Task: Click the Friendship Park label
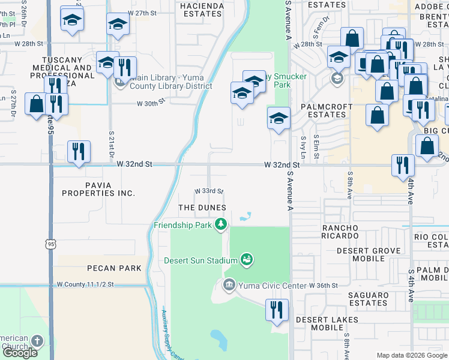[x=183, y=224]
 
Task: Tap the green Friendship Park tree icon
[x=221, y=224]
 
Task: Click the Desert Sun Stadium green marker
[x=246, y=260]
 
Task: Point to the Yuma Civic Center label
[x=272, y=285]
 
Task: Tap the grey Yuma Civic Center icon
[x=228, y=284]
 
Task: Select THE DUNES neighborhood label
[x=202, y=208]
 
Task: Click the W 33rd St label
[x=208, y=191]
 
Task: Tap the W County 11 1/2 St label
[x=89, y=284]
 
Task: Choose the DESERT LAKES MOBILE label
[x=327, y=323]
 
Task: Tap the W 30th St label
[x=151, y=103]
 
